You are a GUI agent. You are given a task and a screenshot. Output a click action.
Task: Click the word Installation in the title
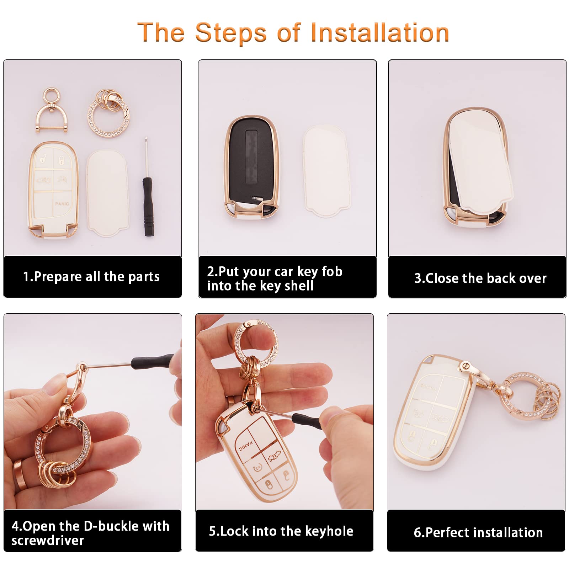(380, 33)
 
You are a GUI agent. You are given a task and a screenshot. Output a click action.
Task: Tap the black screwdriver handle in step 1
(148, 206)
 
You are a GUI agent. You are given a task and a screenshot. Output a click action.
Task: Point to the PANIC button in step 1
(62, 204)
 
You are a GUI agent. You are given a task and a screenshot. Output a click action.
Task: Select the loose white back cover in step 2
(326, 171)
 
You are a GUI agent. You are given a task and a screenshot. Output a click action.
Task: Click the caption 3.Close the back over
(480, 278)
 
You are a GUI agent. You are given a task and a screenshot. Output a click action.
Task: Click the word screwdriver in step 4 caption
(48, 541)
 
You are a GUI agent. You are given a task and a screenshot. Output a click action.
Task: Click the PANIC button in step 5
(246, 446)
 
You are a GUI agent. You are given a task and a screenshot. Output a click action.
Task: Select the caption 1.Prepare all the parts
(91, 276)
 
